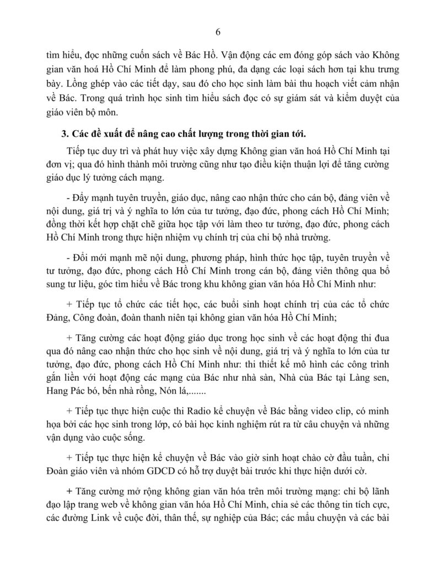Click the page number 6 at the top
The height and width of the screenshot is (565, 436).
(218, 31)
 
